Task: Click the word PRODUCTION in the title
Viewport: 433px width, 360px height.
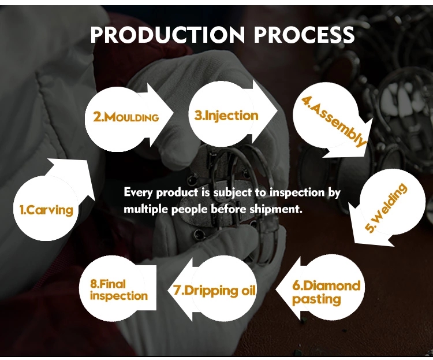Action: coord(167,35)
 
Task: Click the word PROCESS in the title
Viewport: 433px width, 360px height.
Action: coord(304,35)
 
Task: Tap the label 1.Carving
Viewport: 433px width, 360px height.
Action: coord(46,210)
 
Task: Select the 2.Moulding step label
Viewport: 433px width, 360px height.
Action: coord(126,117)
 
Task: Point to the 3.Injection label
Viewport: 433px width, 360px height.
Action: coord(226,116)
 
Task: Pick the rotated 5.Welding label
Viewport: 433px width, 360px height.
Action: coord(386,207)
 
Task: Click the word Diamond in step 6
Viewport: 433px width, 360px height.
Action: coord(326,285)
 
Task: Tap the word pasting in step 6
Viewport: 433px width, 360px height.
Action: coord(316,300)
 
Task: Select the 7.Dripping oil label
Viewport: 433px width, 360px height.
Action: coord(215,291)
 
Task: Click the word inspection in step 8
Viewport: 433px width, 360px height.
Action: coord(119,296)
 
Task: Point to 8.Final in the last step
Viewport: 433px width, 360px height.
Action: coord(108,284)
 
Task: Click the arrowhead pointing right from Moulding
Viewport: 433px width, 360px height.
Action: coord(161,115)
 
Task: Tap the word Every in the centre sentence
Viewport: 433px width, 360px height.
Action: coord(138,193)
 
